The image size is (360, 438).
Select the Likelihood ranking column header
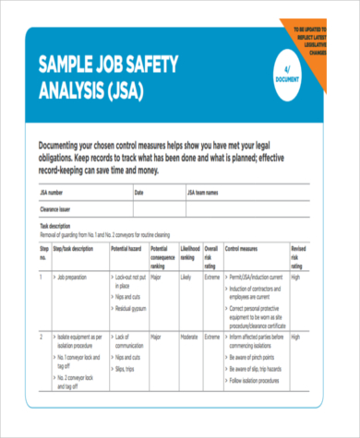pos(188,253)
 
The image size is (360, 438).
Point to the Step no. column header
pos(42,253)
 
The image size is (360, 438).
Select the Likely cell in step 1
pos(186,276)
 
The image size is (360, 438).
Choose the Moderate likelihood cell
pos(189,338)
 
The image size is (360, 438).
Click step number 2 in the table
pos(41,338)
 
